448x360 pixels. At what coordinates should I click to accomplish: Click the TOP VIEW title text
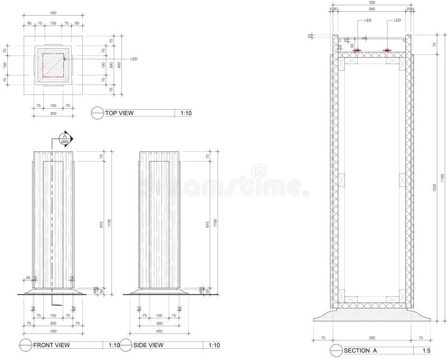pos(120,113)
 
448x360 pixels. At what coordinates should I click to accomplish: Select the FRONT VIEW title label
pos(51,345)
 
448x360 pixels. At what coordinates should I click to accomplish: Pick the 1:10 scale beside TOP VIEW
pos(186,113)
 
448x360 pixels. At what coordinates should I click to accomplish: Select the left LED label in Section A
pos(368,21)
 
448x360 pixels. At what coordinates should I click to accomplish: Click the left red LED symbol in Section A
pos(357,51)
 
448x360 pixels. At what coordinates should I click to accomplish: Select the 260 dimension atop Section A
pos(372,9)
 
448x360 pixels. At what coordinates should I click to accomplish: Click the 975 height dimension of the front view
pos(101,224)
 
